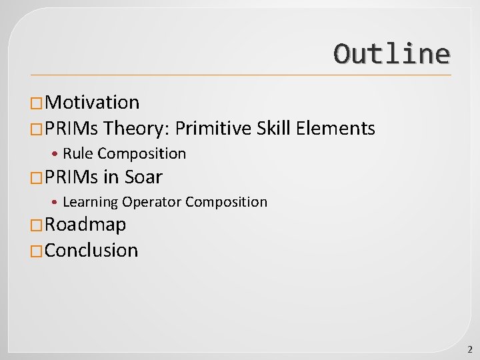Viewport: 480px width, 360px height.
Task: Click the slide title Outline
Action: (391, 54)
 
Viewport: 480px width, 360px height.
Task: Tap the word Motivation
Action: (93, 103)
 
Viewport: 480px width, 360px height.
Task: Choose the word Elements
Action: (336, 128)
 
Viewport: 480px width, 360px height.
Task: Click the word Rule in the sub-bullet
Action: (77, 154)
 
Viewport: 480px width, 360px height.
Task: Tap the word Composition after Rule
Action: (141, 154)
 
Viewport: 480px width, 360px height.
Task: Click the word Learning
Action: (90, 202)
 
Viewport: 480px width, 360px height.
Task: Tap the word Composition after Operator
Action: (226, 202)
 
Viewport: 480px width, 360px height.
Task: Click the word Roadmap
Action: (85, 225)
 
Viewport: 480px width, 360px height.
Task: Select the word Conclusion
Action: (91, 251)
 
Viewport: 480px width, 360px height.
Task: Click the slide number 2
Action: (469, 349)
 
